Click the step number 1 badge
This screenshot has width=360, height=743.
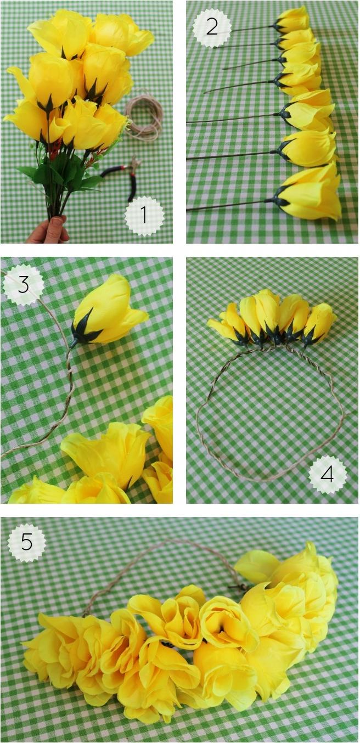click(x=144, y=216)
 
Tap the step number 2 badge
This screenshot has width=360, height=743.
click(x=212, y=26)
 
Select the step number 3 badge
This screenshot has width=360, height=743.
click(x=24, y=284)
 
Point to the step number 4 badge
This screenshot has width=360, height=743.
click(x=328, y=475)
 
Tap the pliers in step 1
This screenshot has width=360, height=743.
click(x=123, y=176)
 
